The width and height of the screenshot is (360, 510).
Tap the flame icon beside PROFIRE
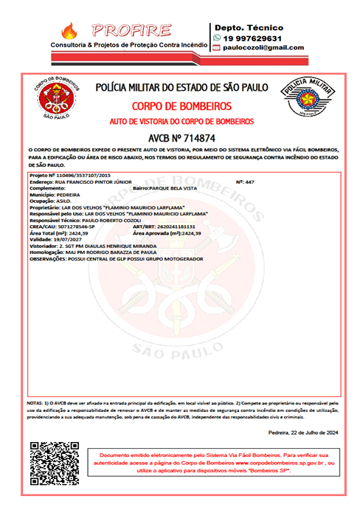[69, 30]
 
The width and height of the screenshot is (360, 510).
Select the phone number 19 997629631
[252, 38]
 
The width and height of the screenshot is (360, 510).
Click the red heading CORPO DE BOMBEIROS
[181, 106]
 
